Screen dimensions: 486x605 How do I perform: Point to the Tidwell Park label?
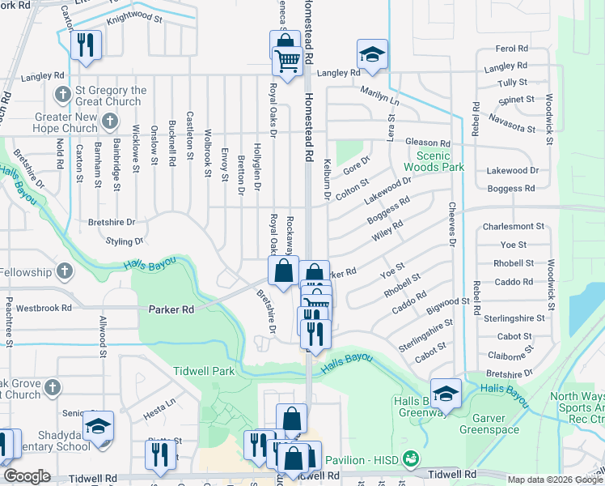203,371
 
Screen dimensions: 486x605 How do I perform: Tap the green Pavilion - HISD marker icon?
412,458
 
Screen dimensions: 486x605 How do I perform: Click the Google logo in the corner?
27,476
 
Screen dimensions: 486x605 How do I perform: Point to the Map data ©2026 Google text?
555,480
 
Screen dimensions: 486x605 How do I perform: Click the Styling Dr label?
124,241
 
